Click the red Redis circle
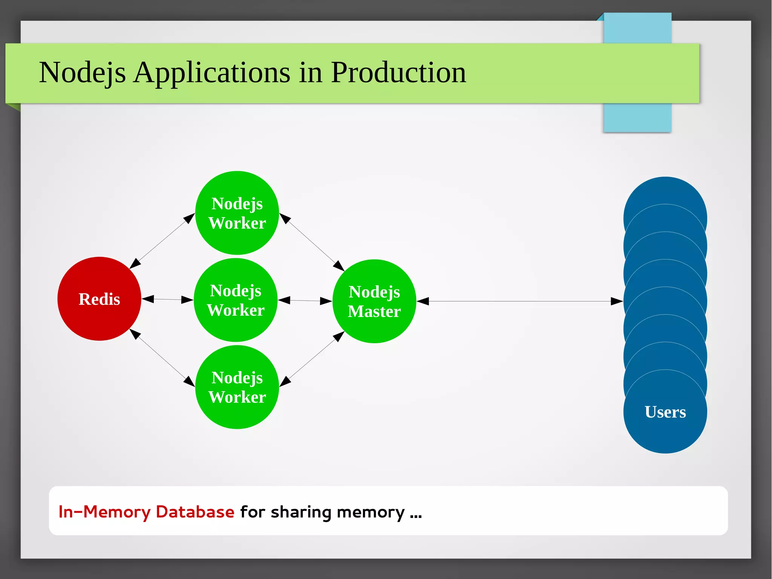(x=99, y=299)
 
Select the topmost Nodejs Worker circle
(x=237, y=213)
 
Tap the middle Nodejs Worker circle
(x=236, y=300)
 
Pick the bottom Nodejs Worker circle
(x=237, y=387)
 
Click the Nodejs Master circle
(x=374, y=301)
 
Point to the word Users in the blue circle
(x=665, y=412)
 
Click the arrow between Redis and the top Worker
(x=162, y=241)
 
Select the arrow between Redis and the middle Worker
(x=167, y=299)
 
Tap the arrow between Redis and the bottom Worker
(x=162, y=358)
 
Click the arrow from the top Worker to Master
(x=312, y=242)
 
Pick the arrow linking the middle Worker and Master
(x=305, y=301)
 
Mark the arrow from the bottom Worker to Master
(x=312, y=359)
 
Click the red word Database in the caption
(x=195, y=512)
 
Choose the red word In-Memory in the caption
(x=104, y=512)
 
